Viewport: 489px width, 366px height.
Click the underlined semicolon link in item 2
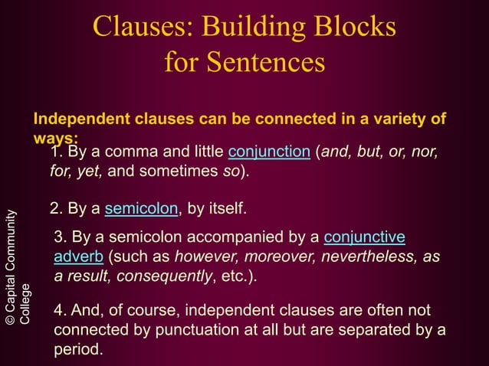141,209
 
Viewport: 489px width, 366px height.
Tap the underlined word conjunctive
366,237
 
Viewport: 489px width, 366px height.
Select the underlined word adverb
79,257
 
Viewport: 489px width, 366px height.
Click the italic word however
202,257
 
